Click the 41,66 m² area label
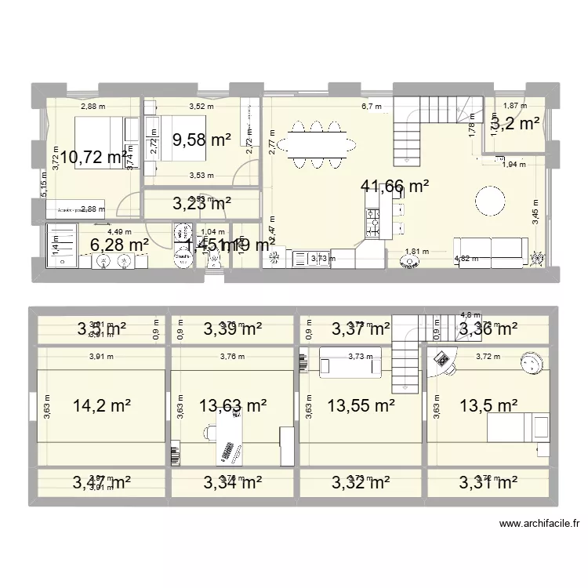(394, 187)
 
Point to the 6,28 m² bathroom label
(120, 245)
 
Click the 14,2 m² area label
(101, 405)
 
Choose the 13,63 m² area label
(233, 405)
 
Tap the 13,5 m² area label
(488, 405)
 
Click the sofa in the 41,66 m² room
(489, 248)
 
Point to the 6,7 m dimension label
(371, 107)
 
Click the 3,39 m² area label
(233, 329)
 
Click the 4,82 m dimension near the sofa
(465, 258)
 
